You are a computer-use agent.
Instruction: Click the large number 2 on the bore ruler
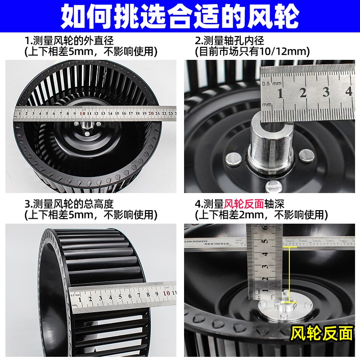click(303, 93)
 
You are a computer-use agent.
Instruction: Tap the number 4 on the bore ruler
click(348, 92)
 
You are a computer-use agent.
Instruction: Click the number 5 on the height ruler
click(120, 297)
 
